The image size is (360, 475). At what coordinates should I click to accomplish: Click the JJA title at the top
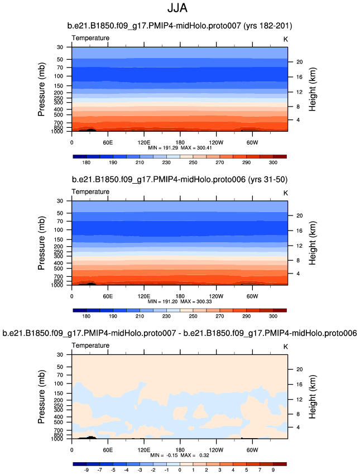point(180,9)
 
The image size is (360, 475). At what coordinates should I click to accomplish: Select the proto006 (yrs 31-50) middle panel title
point(180,180)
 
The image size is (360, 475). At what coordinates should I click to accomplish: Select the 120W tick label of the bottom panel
point(216,449)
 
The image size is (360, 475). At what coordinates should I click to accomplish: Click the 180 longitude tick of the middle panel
point(180,295)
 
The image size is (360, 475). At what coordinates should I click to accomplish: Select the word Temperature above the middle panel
point(90,191)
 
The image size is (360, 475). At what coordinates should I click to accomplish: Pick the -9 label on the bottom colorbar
point(87,471)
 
